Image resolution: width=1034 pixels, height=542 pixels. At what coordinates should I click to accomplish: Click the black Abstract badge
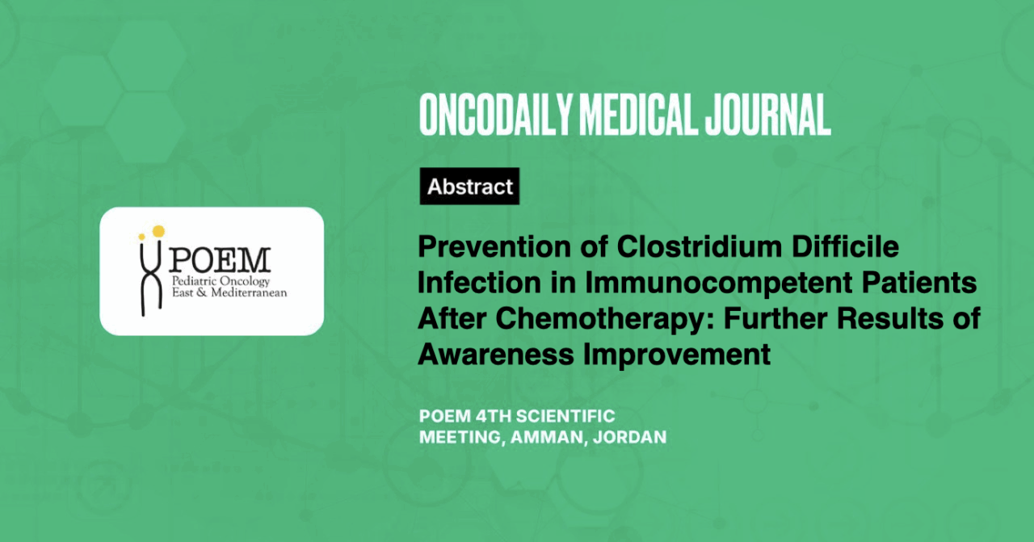pyautogui.click(x=469, y=186)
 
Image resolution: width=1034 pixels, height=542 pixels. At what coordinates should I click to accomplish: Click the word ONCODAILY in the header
pyautogui.click(x=495, y=115)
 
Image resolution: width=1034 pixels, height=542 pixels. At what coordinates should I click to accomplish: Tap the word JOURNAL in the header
pyautogui.click(x=768, y=115)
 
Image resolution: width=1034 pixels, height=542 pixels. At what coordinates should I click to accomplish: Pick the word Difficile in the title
pyautogui.click(x=846, y=247)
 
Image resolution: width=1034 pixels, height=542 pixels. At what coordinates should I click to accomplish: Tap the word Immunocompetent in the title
pyautogui.click(x=718, y=283)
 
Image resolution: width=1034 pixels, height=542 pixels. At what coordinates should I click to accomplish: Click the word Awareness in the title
pyautogui.click(x=496, y=355)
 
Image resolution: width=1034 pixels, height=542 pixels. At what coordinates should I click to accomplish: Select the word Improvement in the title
pyautogui.click(x=677, y=355)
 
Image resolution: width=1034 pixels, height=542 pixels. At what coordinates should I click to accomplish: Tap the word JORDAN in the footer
pyautogui.click(x=629, y=437)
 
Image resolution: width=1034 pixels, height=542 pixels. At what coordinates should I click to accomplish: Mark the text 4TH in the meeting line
pyautogui.click(x=493, y=417)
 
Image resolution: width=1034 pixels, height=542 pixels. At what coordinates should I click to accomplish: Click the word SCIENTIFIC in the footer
pyautogui.click(x=565, y=417)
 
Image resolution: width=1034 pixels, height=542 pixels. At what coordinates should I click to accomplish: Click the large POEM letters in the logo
pyautogui.click(x=219, y=260)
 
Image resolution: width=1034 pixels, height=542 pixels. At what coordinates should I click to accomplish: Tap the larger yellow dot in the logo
pyautogui.click(x=158, y=231)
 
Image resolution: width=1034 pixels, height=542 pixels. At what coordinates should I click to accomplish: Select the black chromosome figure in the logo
pyautogui.click(x=151, y=279)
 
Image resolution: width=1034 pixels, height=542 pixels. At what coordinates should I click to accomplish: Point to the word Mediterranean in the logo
pyautogui.click(x=249, y=292)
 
